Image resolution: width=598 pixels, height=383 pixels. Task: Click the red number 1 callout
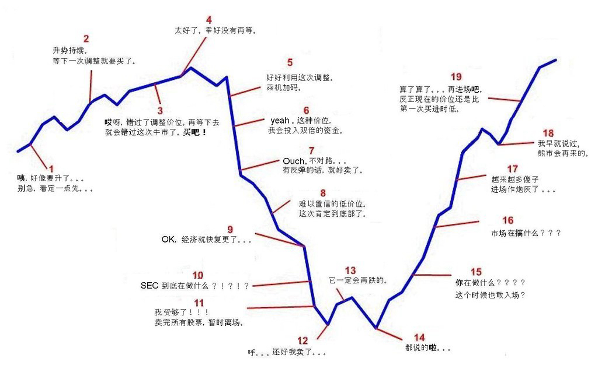[52, 168]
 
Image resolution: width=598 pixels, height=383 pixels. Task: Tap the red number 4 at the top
[209, 20]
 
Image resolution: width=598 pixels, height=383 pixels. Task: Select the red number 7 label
[312, 150]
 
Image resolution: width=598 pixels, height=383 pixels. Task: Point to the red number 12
[303, 340]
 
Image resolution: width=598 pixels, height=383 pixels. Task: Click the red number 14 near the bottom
[419, 338]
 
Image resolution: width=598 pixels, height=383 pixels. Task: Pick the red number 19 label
[456, 76]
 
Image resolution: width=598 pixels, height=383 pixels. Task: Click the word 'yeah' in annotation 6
[280, 121]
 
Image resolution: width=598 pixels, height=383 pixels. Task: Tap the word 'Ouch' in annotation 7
[294, 161]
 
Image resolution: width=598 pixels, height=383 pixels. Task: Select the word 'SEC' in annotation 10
[149, 286]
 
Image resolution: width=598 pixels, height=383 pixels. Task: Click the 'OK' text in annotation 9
[168, 240]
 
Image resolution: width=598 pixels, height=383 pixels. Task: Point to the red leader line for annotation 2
[91, 86]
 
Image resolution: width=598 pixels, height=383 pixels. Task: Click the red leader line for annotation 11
[281, 307]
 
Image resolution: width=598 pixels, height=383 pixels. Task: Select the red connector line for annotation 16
[457, 224]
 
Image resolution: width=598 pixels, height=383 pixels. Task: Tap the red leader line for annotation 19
[505, 99]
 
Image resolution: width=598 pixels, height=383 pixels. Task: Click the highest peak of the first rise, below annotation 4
[191, 68]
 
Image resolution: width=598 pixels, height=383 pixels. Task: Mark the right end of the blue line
[556, 60]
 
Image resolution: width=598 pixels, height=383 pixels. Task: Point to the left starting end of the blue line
[18, 151]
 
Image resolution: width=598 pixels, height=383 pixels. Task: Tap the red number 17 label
[512, 168]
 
